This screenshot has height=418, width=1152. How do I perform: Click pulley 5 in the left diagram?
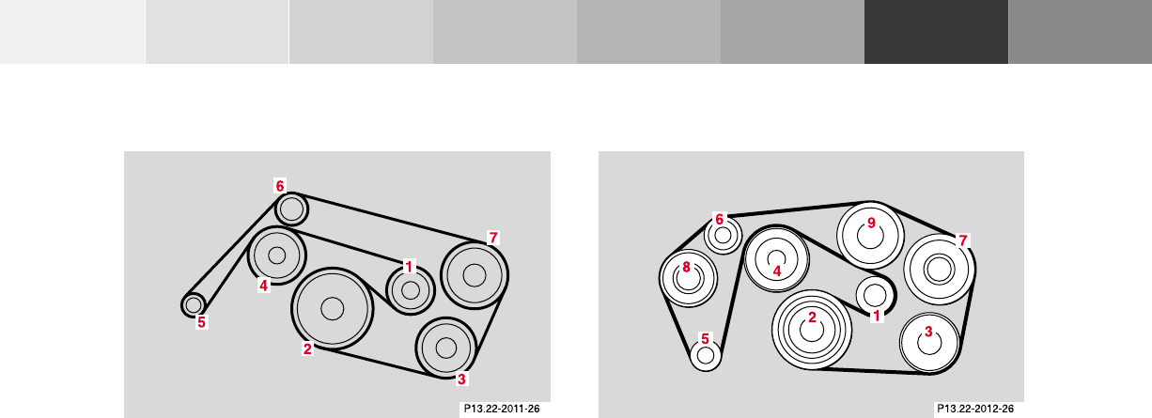click(x=194, y=305)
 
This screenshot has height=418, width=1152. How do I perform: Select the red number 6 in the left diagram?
click(x=280, y=186)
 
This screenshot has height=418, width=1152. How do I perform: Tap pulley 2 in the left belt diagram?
click(x=333, y=308)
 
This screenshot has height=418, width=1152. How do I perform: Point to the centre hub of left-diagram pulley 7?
click(x=475, y=275)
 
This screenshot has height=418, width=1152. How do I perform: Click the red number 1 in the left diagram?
click(x=409, y=267)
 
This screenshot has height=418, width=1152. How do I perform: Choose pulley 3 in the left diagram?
click(x=446, y=348)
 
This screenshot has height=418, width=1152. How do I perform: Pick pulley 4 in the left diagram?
click(x=277, y=255)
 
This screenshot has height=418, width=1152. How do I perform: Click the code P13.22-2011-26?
click(x=502, y=409)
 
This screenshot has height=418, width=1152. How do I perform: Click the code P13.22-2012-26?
click(x=975, y=409)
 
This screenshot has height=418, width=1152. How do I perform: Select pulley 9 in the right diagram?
click(x=870, y=236)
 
